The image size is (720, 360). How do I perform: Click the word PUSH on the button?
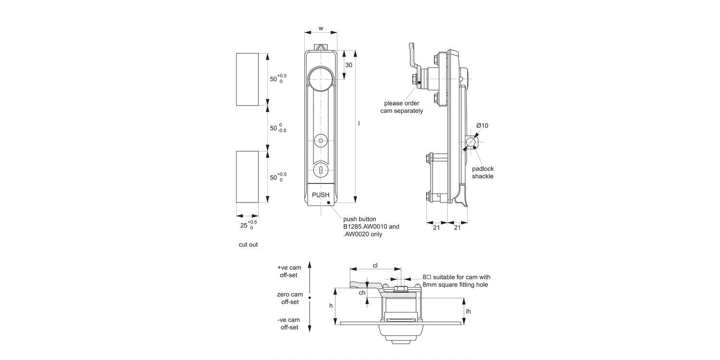[321, 195]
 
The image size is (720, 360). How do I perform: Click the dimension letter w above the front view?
[321, 28]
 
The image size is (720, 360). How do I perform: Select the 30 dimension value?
[349, 65]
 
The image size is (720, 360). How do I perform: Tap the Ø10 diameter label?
[482, 126]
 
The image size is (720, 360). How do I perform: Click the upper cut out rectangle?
[247, 79]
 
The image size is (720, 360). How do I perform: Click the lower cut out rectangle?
[247, 177]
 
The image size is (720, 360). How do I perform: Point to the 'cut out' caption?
[248, 244]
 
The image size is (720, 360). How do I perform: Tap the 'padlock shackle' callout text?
[482, 172]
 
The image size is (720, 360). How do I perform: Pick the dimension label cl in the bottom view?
[375, 265]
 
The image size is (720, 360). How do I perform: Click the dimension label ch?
[362, 293]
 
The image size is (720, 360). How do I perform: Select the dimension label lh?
[468, 311]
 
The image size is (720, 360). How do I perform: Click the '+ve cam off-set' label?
[289, 271]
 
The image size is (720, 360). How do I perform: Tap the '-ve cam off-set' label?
[289, 324]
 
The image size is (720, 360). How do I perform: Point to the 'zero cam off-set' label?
[290, 298]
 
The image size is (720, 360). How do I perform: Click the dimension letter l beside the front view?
[359, 124]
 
